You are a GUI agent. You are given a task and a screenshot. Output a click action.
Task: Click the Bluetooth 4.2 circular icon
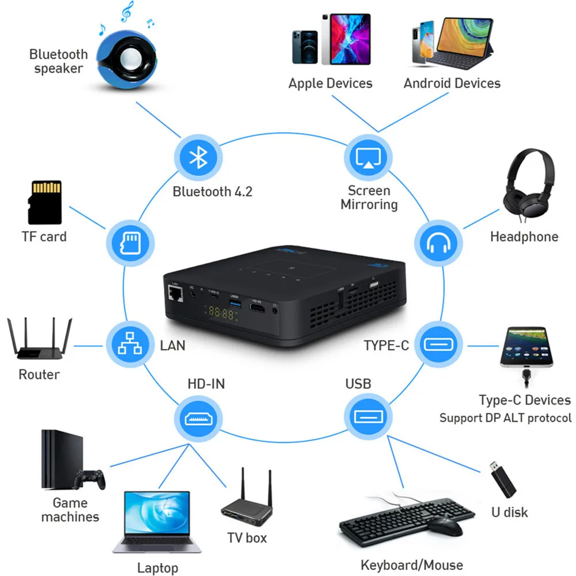(198, 158)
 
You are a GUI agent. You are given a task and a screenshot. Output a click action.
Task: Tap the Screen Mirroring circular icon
(368, 158)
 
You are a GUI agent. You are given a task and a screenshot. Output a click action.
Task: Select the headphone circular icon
(438, 243)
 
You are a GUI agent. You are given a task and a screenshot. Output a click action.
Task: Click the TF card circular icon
(130, 243)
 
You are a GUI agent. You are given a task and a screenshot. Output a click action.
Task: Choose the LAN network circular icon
(130, 344)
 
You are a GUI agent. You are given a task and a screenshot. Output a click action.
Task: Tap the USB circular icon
(368, 416)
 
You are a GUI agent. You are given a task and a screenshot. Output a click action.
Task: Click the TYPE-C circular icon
(438, 344)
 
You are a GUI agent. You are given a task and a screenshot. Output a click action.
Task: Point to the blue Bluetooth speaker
(127, 59)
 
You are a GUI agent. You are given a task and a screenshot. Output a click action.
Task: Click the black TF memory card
(45, 202)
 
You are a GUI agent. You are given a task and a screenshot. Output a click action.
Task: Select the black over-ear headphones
(529, 185)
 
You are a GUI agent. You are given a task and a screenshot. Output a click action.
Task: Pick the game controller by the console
(90, 479)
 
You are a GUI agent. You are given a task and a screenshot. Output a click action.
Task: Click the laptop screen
(157, 513)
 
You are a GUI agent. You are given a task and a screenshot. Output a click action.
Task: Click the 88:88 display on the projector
(221, 313)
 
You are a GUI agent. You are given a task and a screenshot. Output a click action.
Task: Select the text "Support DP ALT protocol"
(506, 418)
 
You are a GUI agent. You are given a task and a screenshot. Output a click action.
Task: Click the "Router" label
(39, 375)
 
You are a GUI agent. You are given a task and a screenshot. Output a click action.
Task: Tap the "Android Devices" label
(452, 84)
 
